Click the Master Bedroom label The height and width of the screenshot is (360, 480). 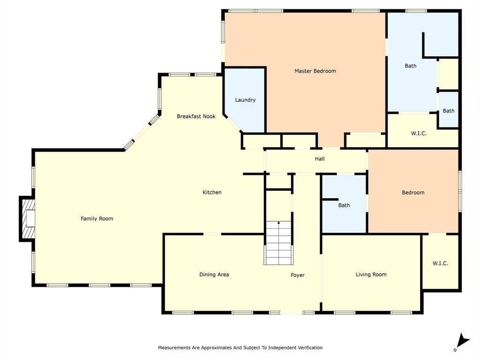[315, 71]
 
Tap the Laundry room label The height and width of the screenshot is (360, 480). [245, 100]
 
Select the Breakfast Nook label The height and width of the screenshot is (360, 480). [196, 116]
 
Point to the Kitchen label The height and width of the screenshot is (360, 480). [212, 192]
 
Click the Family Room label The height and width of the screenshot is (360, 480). [97, 218]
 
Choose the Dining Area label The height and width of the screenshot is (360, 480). [214, 275]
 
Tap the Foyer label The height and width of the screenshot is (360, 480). [298, 275]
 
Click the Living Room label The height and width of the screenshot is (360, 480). [371, 275]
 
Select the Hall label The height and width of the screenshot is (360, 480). [320, 159]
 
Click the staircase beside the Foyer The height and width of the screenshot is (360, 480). [278, 244]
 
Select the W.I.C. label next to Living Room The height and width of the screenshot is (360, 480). [440, 263]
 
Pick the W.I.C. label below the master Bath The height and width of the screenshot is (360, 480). [419, 134]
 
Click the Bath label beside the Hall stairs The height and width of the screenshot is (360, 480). [344, 205]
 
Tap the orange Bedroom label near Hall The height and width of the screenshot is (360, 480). [413, 193]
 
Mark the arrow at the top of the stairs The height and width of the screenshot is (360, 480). [278, 223]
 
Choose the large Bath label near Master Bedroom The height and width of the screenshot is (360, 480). [410, 66]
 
